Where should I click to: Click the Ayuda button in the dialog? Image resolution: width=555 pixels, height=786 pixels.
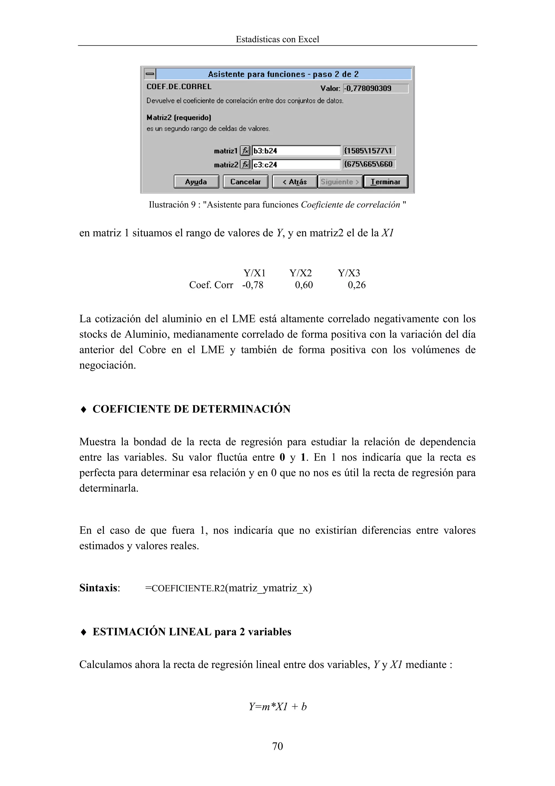[196, 182]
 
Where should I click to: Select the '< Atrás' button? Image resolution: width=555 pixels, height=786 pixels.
[294, 182]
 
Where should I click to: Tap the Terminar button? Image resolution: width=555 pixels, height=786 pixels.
[385, 182]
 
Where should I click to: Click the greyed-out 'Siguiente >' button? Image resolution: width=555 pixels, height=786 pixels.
[340, 182]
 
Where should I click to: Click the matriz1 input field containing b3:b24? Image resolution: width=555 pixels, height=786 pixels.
[296, 151]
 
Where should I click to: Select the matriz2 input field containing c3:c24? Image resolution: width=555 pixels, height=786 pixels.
[296, 165]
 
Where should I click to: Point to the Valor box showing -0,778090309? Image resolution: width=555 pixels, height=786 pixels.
[376, 88]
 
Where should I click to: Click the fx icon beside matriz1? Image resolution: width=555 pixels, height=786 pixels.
[245, 151]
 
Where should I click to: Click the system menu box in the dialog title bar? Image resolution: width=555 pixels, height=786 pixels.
[150, 74]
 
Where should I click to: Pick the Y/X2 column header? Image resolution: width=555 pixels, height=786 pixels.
[301, 273]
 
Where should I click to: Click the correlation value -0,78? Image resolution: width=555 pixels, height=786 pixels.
[253, 285]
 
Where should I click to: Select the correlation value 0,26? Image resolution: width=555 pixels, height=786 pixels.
[357, 285]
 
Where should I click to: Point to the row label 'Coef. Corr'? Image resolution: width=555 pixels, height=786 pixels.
[211, 285]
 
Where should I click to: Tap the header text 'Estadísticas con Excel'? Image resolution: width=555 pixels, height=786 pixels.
[277, 39]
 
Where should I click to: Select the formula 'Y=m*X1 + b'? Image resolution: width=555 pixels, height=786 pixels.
[277, 706]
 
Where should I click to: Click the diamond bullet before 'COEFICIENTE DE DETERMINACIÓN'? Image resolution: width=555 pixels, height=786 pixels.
[83, 409]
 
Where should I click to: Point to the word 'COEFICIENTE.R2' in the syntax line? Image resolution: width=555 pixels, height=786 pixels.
[188, 588]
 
